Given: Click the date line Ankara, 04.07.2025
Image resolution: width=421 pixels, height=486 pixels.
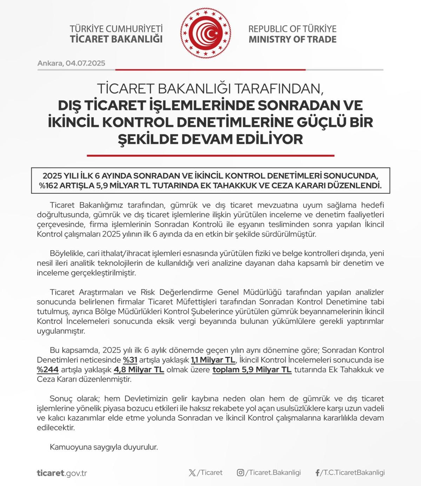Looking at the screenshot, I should click(x=71, y=64).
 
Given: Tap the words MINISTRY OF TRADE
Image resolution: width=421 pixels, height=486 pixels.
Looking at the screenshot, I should click(x=292, y=39).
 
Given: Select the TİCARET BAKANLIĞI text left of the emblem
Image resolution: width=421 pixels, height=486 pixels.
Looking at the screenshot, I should click(x=116, y=39).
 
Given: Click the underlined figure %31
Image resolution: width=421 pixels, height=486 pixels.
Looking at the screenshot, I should click(x=130, y=360).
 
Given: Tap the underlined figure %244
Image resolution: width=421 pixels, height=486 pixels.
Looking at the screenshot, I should click(x=48, y=370).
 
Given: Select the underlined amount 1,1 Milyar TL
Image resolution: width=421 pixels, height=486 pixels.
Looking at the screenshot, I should click(x=213, y=360).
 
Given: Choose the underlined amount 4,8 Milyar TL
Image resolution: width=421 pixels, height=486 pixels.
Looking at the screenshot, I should click(x=139, y=370).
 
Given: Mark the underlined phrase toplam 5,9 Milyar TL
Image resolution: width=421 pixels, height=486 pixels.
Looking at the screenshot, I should click(x=252, y=370).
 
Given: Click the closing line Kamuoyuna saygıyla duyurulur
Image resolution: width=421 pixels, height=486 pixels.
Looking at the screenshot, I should click(x=104, y=447).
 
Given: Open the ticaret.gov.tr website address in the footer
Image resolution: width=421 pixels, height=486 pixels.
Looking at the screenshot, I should click(x=62, y=473).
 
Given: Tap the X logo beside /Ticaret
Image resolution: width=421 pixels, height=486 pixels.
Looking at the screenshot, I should click(x=192, y=473).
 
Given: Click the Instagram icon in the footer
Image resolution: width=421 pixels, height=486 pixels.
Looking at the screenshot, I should click(x=240, y=473).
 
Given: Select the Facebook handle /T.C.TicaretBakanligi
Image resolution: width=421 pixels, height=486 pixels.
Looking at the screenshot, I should click(x=353, y=473).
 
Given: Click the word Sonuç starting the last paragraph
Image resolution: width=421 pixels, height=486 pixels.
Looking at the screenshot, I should click(x=61, y=399).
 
